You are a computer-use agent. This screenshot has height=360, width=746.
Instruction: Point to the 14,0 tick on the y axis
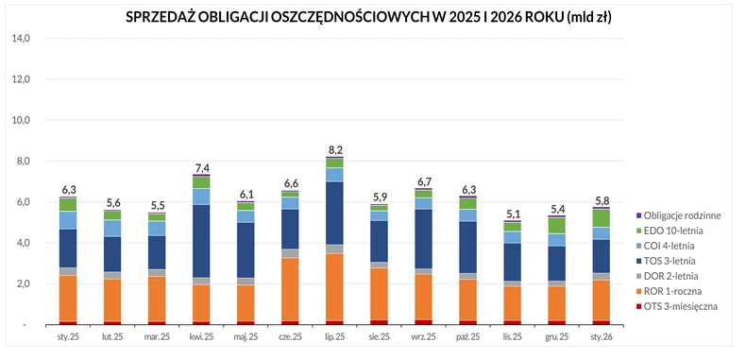click(20, 39)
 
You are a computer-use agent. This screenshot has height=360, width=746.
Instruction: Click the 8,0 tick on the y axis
click(22, 162)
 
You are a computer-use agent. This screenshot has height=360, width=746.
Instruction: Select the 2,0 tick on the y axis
click(22, 284)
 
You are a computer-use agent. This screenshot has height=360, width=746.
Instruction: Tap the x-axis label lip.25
click(334, 336)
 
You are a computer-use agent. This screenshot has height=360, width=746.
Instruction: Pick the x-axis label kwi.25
click(201, 336)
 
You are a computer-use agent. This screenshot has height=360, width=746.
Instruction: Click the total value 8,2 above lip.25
click(334, 149)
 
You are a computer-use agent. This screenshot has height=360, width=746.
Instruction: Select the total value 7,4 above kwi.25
click(201, 168)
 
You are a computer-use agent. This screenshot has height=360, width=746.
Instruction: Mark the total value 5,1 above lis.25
click(512, 214)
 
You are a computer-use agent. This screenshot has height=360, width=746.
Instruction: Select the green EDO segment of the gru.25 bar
click(555, 225)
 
